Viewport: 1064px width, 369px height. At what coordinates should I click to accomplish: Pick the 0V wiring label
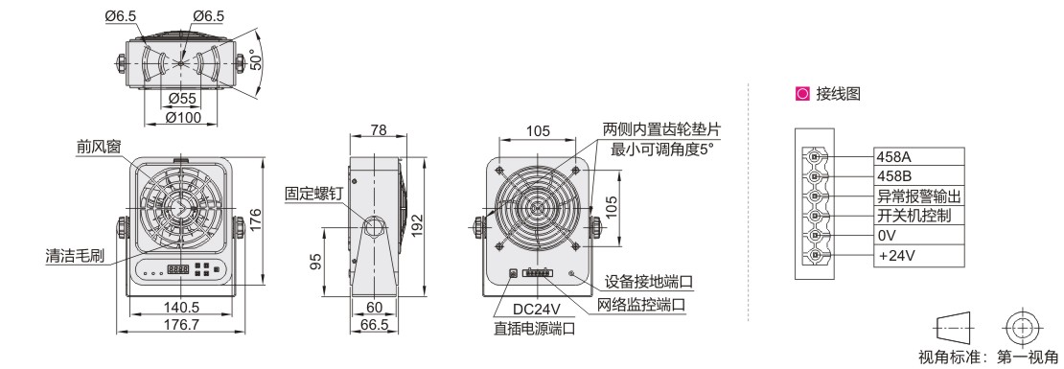pos(888,236)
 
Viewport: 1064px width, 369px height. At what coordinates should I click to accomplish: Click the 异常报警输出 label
pos(920,196)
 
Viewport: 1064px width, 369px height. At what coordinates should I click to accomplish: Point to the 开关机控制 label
pos(914,217)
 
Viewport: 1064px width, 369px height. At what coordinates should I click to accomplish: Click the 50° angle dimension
pos(256,62)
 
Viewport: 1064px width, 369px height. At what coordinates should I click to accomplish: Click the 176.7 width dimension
pos(182,324)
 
